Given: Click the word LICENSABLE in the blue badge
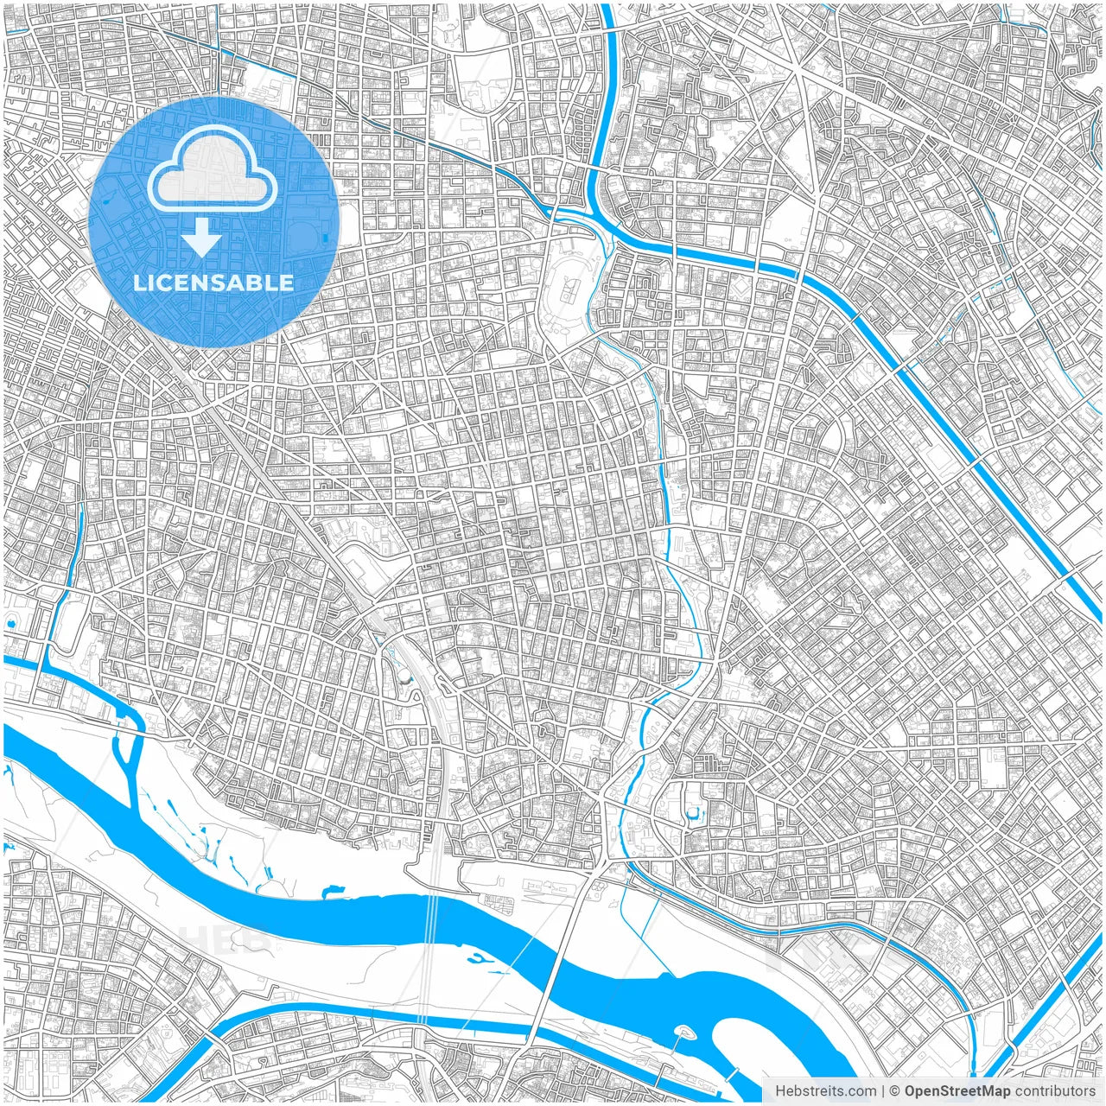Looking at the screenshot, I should (x=213, y=283).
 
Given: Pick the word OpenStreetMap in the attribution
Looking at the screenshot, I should (x=957, y=1091).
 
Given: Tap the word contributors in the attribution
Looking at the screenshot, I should (x=1055, y=1091).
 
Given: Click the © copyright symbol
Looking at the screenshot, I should (x=896, y=1091).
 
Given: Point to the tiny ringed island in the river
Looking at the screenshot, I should (x=684, y=1031).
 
